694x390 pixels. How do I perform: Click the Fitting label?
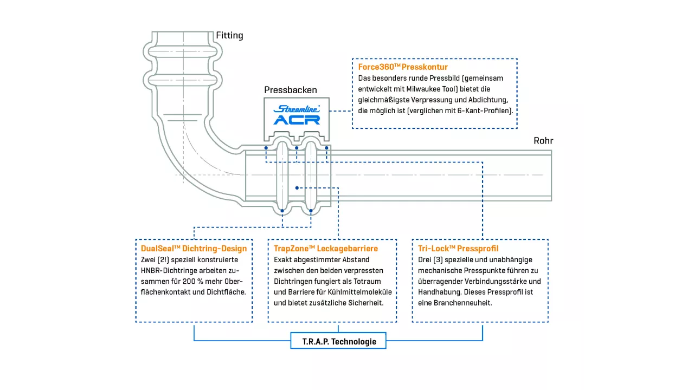tap(229, 36)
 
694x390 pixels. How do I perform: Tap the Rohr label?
tap(543, 141)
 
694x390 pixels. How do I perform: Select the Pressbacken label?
tap(290, 90)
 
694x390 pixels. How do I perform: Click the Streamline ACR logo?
tap(297, 115)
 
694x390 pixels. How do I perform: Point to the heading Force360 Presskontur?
tap(403, 67)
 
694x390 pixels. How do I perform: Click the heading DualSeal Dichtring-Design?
tap(194, 249)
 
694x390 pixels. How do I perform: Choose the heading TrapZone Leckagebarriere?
tap(326, 249)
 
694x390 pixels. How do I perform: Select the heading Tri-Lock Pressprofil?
tap(458, 249)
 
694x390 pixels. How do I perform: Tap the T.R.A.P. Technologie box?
tap(339, 341)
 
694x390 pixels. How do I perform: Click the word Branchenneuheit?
tap(459, 303)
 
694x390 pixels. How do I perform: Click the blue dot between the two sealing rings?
tap(297, 188)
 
